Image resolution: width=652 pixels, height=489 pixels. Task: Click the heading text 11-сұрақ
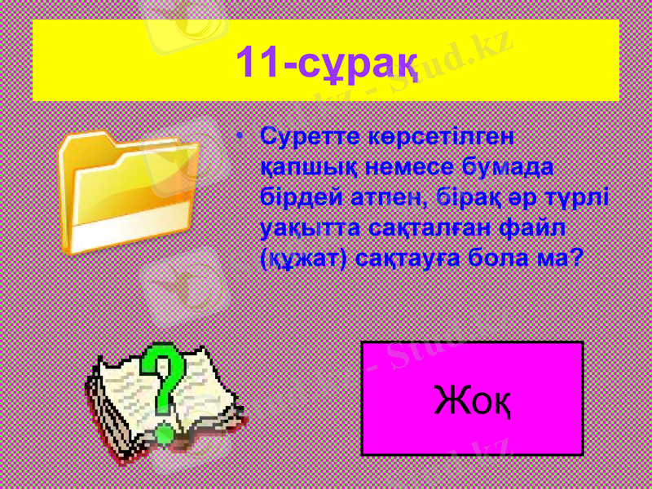click(326, 62)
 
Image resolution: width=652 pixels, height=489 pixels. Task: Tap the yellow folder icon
click(130, 192)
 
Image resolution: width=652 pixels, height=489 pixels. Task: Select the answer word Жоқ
click(473, 399)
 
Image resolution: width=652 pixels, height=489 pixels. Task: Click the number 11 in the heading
click(256, 62)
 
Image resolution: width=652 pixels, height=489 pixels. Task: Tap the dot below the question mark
click(165, 432)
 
